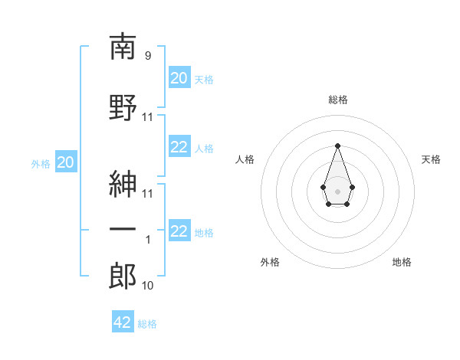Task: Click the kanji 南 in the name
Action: pyautogui.click(x=123, y=46)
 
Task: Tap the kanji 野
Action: pyautogui.click(x=123, y=107)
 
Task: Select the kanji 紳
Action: pyautogui.click(x=123, y=185)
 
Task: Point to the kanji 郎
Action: pyautogui.click(x=123, y=276)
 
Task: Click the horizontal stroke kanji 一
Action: pyautogui.click(x=123, y=229)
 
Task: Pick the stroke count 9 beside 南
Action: pyautogui.click(x=148, y=56)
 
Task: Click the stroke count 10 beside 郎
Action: pyautogui.click(x=147, y=286)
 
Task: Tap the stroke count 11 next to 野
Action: pyautogui.click(x=147, y=117)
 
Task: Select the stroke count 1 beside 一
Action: pyautogui.click(x=148, y=240)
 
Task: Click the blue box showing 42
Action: pyautogui.click(x=123, y=321)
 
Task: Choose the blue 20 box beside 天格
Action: pyautogui.click(x=179, y=77)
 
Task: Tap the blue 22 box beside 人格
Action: pyautogui.click(x=179, y=146)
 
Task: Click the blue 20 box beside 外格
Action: pyautogui.click(x=66, y=162)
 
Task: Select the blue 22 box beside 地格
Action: pyautogui.click(x=179, y=230)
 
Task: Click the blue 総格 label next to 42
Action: pyautogui.click(x=147, y=324)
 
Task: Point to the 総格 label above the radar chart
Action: pyautogui.click(x=338, y=100)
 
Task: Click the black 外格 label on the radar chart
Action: pyautogui.click(x=270, y=262)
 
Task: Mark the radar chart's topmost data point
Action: pyautogui.click(x=337, y=146)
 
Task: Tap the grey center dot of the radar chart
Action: pyautogui.click(x=337, y=191)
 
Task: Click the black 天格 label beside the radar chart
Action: pyautogui.click(x=431, y=159)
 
